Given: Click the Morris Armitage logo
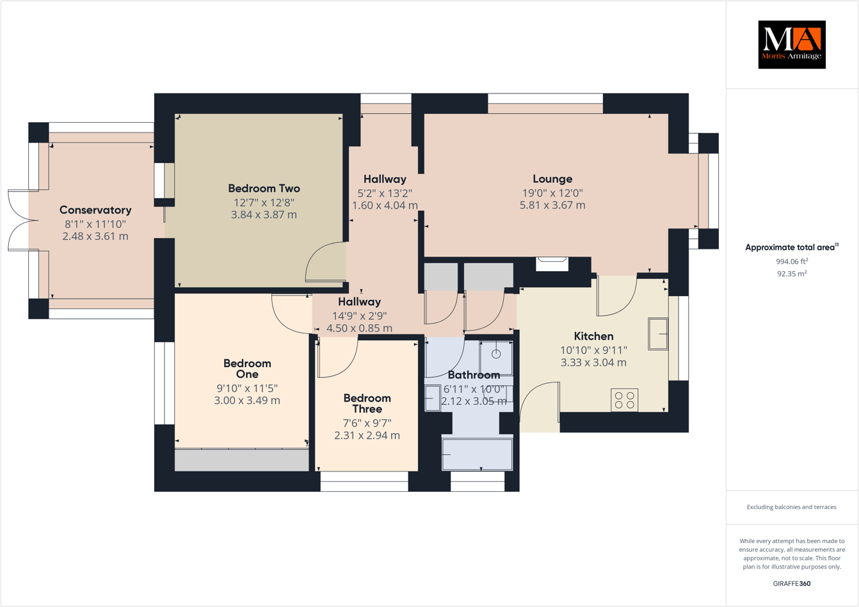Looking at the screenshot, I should pyautogui.click(x=792, y=44).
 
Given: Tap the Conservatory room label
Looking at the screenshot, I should pyautogui.click(x=95, y=210).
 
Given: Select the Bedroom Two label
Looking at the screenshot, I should pyautogui.click(x=264, y=188).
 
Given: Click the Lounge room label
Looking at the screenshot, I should pyautogui.click(x=552, y=179).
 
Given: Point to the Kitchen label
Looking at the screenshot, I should pyautogui.click(x=593, y=336).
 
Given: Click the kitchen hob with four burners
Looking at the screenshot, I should pyautogui.click(x=624, y=400).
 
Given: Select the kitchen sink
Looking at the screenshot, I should pyautogui.click(x=658, y=334).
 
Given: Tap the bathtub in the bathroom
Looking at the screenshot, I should pyautogui.click(x=478, y=454).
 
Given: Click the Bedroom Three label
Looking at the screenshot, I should pyautogui.click(x=367, y=404).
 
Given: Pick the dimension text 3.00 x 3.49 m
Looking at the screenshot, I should pyautogui.click(x=247, y=400).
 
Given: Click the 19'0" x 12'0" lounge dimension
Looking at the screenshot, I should pyautogui.click(x=552, y=193).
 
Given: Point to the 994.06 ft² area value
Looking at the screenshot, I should pyautogui.click(x=792, y=261).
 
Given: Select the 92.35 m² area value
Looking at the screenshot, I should pyautogui.click(x=792, y=274).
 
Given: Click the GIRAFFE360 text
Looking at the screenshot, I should pyautogui.click(x=792, y=583).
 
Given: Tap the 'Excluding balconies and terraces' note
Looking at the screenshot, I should pyautogui.click(x=792, y=507).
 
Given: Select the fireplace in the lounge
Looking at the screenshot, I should pyautogui.click(x=552, y=263).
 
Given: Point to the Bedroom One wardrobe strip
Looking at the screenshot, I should pyautogui.click(x=241, y=460).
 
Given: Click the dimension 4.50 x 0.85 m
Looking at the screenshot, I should pyautogui.click(x=359, y=328).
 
